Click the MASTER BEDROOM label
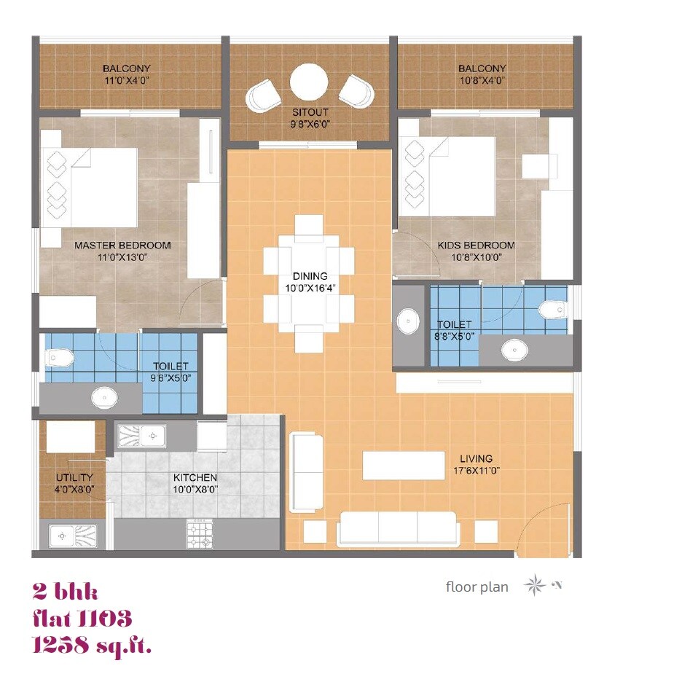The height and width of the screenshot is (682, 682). click(x=122, y=246)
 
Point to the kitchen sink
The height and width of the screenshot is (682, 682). click(x=144, y=436)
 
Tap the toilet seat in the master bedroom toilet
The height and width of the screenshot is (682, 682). click(x=58, y=358)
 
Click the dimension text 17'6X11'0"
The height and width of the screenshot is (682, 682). click(x=476, y=471)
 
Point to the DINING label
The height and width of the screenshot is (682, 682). click(x=310, y=276)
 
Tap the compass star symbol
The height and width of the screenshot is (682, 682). click(x=535, y=586)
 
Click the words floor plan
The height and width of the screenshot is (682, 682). click(x=477, y=587)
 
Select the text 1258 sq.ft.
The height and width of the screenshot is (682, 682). click(x=92, y=645)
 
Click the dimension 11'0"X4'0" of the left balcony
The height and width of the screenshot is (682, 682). click(x=126, y=81)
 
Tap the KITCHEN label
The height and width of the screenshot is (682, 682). click(x=195, y=478)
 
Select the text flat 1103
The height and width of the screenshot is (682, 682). click(x=82, y=619)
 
